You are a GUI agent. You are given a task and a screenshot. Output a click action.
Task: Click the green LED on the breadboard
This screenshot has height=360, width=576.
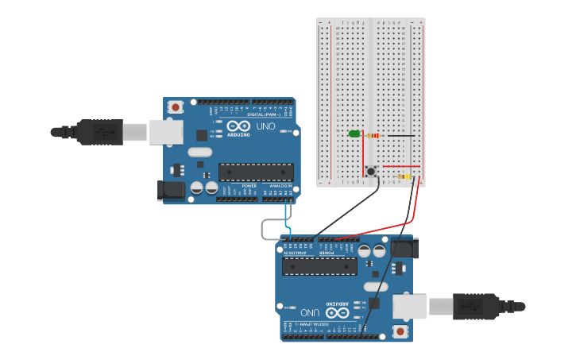pyautogui.click(x=354, y=134)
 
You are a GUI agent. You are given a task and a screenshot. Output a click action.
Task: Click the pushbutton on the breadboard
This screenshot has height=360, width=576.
pyautogui.click(x=371, y=170)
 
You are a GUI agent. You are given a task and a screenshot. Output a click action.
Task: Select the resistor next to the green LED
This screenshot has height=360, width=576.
pyautogui.click(x=371, y=135)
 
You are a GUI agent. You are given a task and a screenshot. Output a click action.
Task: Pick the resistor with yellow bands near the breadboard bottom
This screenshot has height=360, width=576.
pyautogui.click(x=404, y=176)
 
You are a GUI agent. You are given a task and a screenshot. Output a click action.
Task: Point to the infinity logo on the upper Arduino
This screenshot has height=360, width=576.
pyautogui.click(x=238, y=126)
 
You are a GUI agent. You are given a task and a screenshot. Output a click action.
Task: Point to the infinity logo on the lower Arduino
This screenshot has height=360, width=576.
pyautogui.click(x=338, y=312)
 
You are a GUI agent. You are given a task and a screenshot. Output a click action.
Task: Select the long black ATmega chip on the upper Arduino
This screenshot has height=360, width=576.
pyautogui.click(x=256, y=172)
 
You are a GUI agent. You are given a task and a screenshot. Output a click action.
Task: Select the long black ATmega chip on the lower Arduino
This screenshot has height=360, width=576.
pyautogui.click(x=319, y=265)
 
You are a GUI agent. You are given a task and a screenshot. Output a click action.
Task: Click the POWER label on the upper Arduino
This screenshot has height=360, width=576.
pyautogui.click(x=249, y=186)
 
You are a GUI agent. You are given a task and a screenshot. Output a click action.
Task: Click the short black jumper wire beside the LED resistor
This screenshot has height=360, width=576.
pyautogui.click(x=399, y=136)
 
